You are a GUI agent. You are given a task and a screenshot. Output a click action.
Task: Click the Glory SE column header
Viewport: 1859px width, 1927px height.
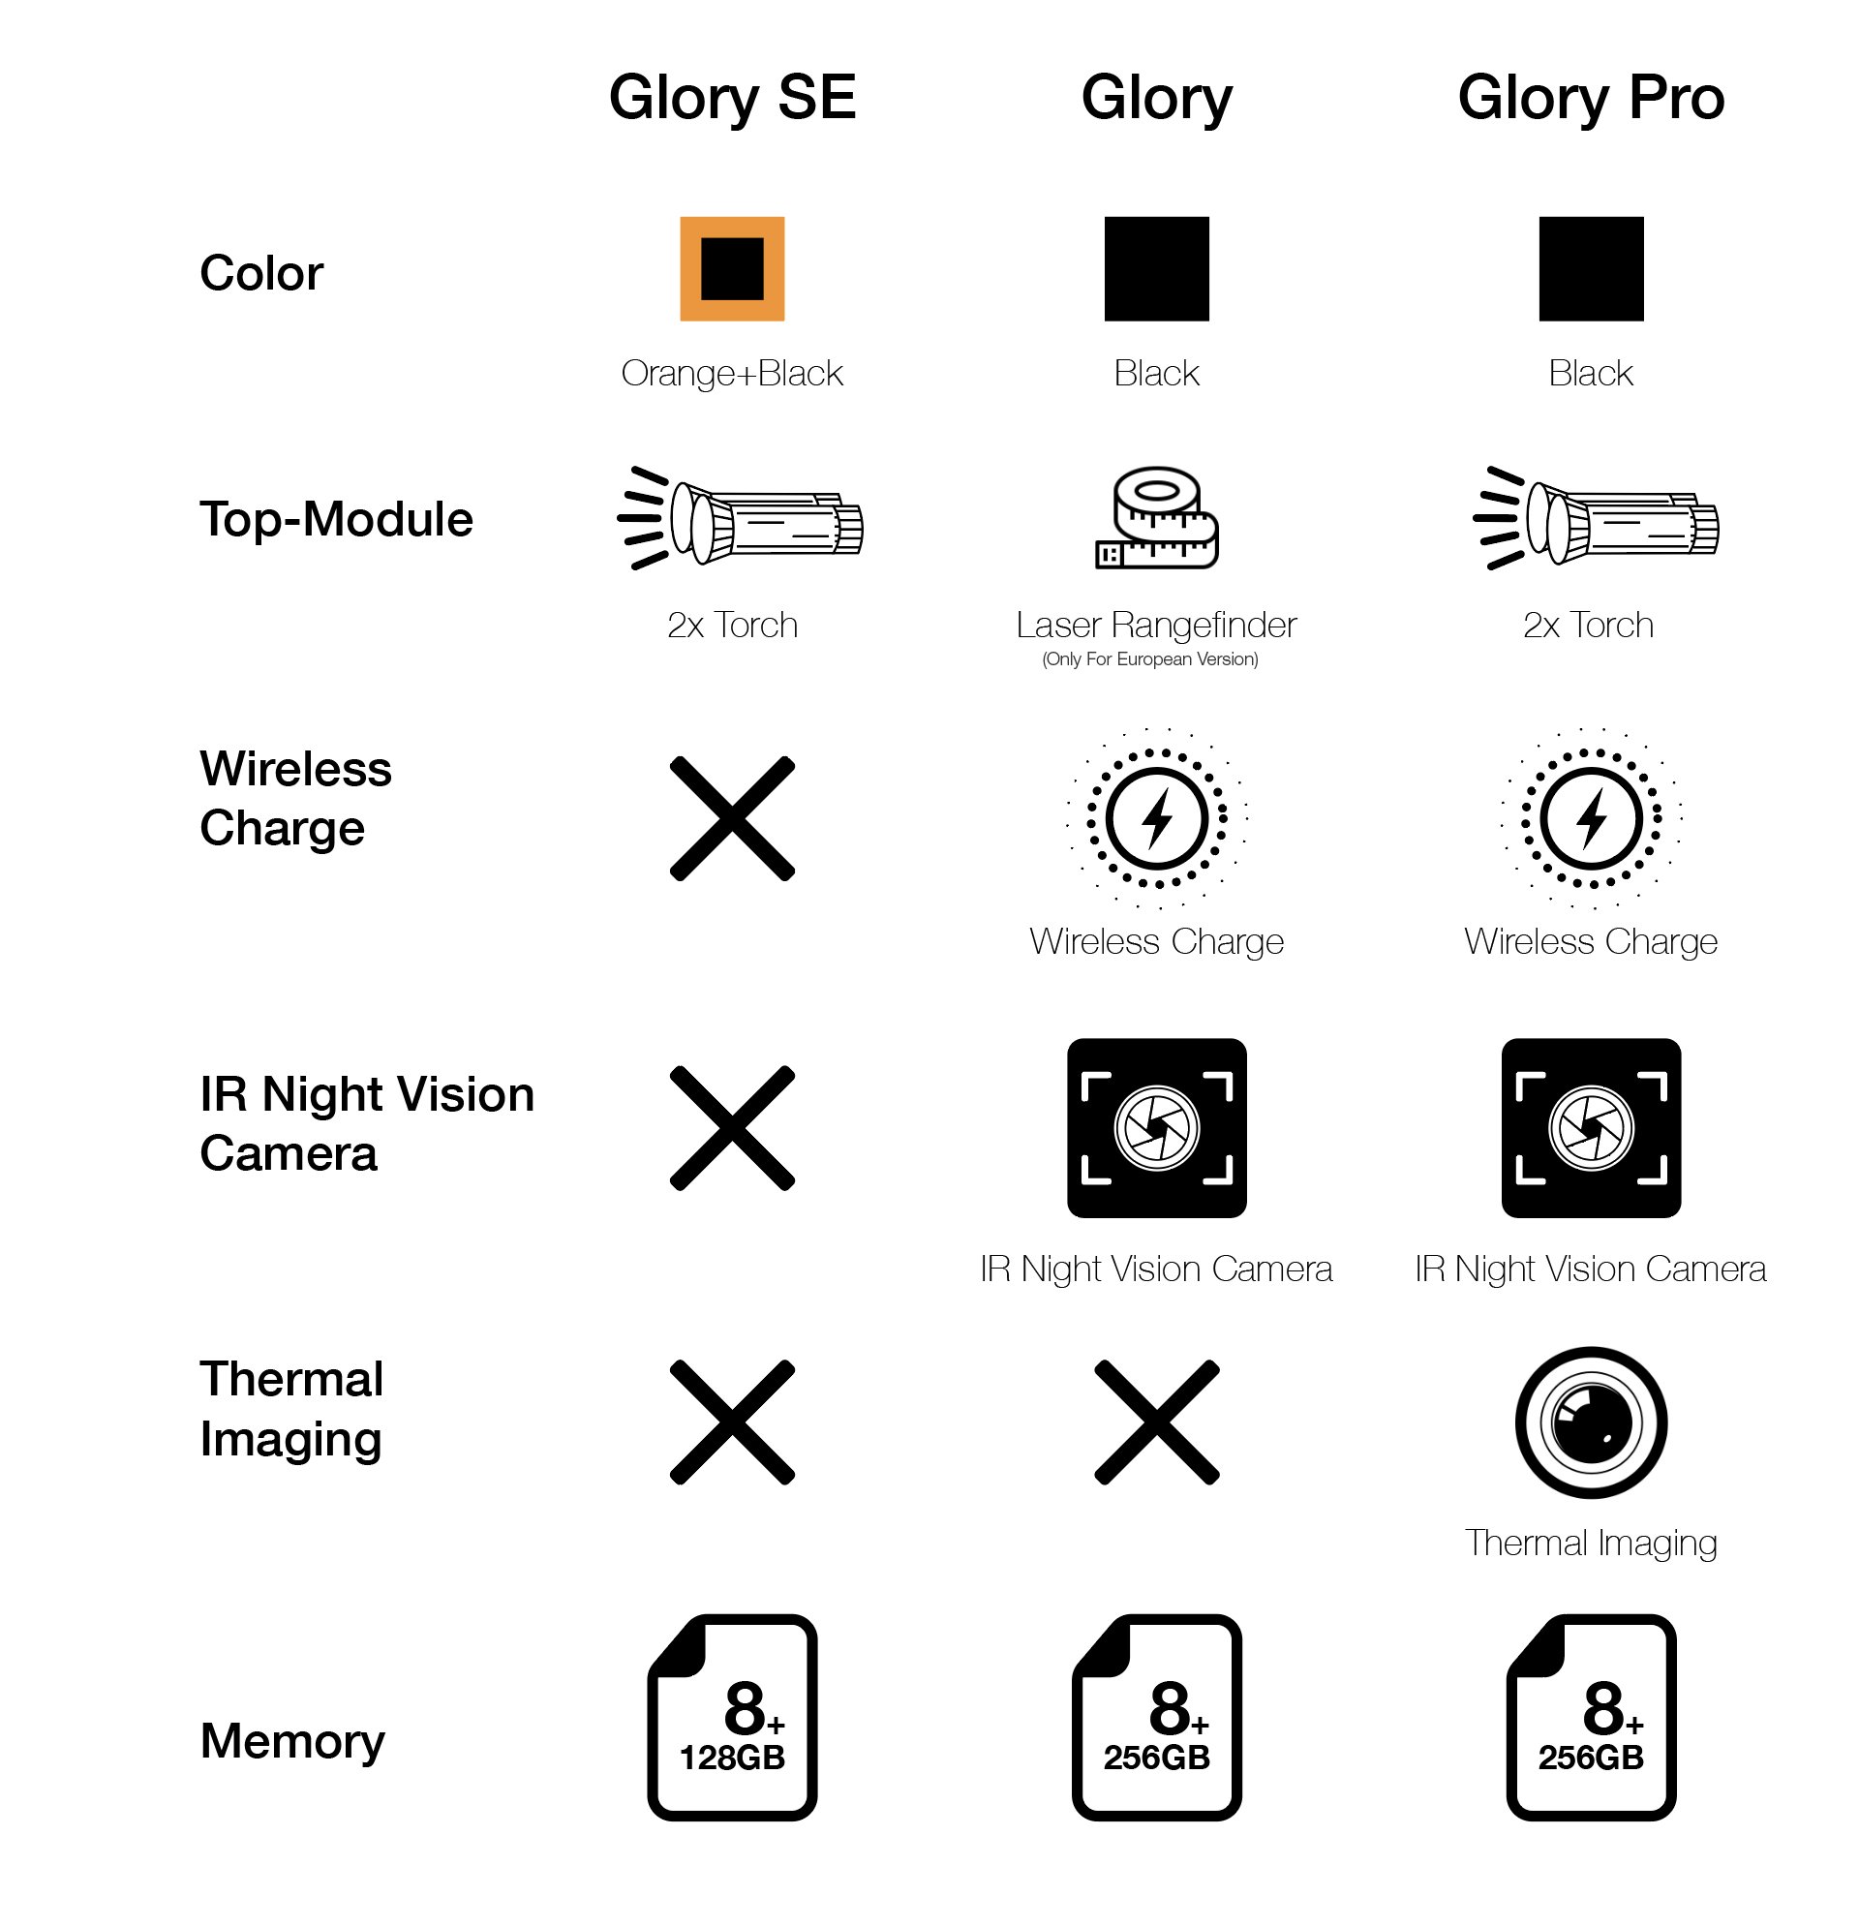point(732,99)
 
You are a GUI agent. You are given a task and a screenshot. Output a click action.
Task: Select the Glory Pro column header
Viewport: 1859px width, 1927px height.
point(1591,99)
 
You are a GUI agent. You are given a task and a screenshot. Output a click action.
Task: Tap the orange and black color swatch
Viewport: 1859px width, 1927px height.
point(732,268)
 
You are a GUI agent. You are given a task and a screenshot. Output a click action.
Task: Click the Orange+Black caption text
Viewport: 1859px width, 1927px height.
point(732,374)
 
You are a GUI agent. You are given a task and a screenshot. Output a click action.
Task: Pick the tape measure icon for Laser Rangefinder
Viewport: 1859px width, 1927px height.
point(1157,518)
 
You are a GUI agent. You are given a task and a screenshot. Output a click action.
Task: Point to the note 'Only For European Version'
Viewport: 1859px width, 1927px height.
point(1150,659)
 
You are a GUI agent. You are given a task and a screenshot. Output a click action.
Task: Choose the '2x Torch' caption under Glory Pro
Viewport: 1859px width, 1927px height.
point(1589,626)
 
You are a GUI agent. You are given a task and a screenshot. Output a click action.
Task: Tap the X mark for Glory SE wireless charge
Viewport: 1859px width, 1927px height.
point(732,818)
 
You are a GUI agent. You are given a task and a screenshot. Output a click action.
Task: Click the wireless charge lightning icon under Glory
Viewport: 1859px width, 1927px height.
point(1157,818)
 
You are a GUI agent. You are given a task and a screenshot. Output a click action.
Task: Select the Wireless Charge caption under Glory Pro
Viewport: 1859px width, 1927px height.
point(1591,942)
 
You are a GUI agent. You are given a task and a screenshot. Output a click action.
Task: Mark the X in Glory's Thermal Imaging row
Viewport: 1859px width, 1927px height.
point(1157,1422)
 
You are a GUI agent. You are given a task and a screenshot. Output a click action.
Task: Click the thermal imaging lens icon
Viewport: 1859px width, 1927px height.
point(1591,1422)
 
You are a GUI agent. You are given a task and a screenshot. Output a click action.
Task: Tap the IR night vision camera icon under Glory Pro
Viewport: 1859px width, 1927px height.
point(1591,1128)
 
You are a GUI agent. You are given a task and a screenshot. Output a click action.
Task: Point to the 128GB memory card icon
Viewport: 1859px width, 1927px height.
point(732,1717)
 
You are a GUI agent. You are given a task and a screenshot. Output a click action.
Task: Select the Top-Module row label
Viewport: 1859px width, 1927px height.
point(336,519)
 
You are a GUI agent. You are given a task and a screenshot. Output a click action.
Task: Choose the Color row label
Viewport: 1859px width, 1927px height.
point(261,272)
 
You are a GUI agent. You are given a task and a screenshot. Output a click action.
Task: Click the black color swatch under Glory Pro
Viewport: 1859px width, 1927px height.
point(1591,268)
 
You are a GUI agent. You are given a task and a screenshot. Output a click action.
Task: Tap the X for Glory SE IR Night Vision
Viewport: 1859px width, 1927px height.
point(732,1128)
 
